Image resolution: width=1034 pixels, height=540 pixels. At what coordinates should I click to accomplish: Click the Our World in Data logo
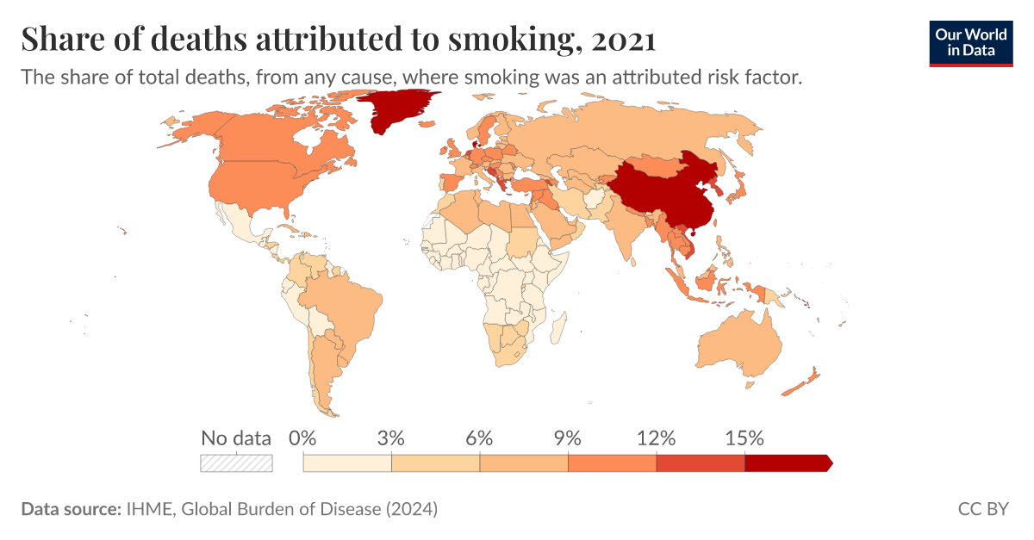tap(970, 40)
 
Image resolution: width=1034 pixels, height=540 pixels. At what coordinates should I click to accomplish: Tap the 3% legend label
tap(391, 438)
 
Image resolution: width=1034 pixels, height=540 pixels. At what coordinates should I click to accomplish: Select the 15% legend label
tap(744, 438)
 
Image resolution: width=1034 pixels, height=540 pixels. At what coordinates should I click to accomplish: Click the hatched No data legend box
tap(236, 463)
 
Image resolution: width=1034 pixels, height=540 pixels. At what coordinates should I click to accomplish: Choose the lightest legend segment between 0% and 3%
tap(347, 463)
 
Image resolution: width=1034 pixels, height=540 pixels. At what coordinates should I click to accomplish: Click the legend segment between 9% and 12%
tap(612, 463)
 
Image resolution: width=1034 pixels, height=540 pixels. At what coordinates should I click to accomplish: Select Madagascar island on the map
tap(558, 328)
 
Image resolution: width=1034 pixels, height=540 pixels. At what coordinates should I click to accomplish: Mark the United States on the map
tap(267, 185)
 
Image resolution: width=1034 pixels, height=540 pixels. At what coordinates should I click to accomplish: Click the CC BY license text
tap(982, 509)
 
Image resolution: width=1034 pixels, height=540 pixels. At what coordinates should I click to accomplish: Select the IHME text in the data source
tap(150, 509)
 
